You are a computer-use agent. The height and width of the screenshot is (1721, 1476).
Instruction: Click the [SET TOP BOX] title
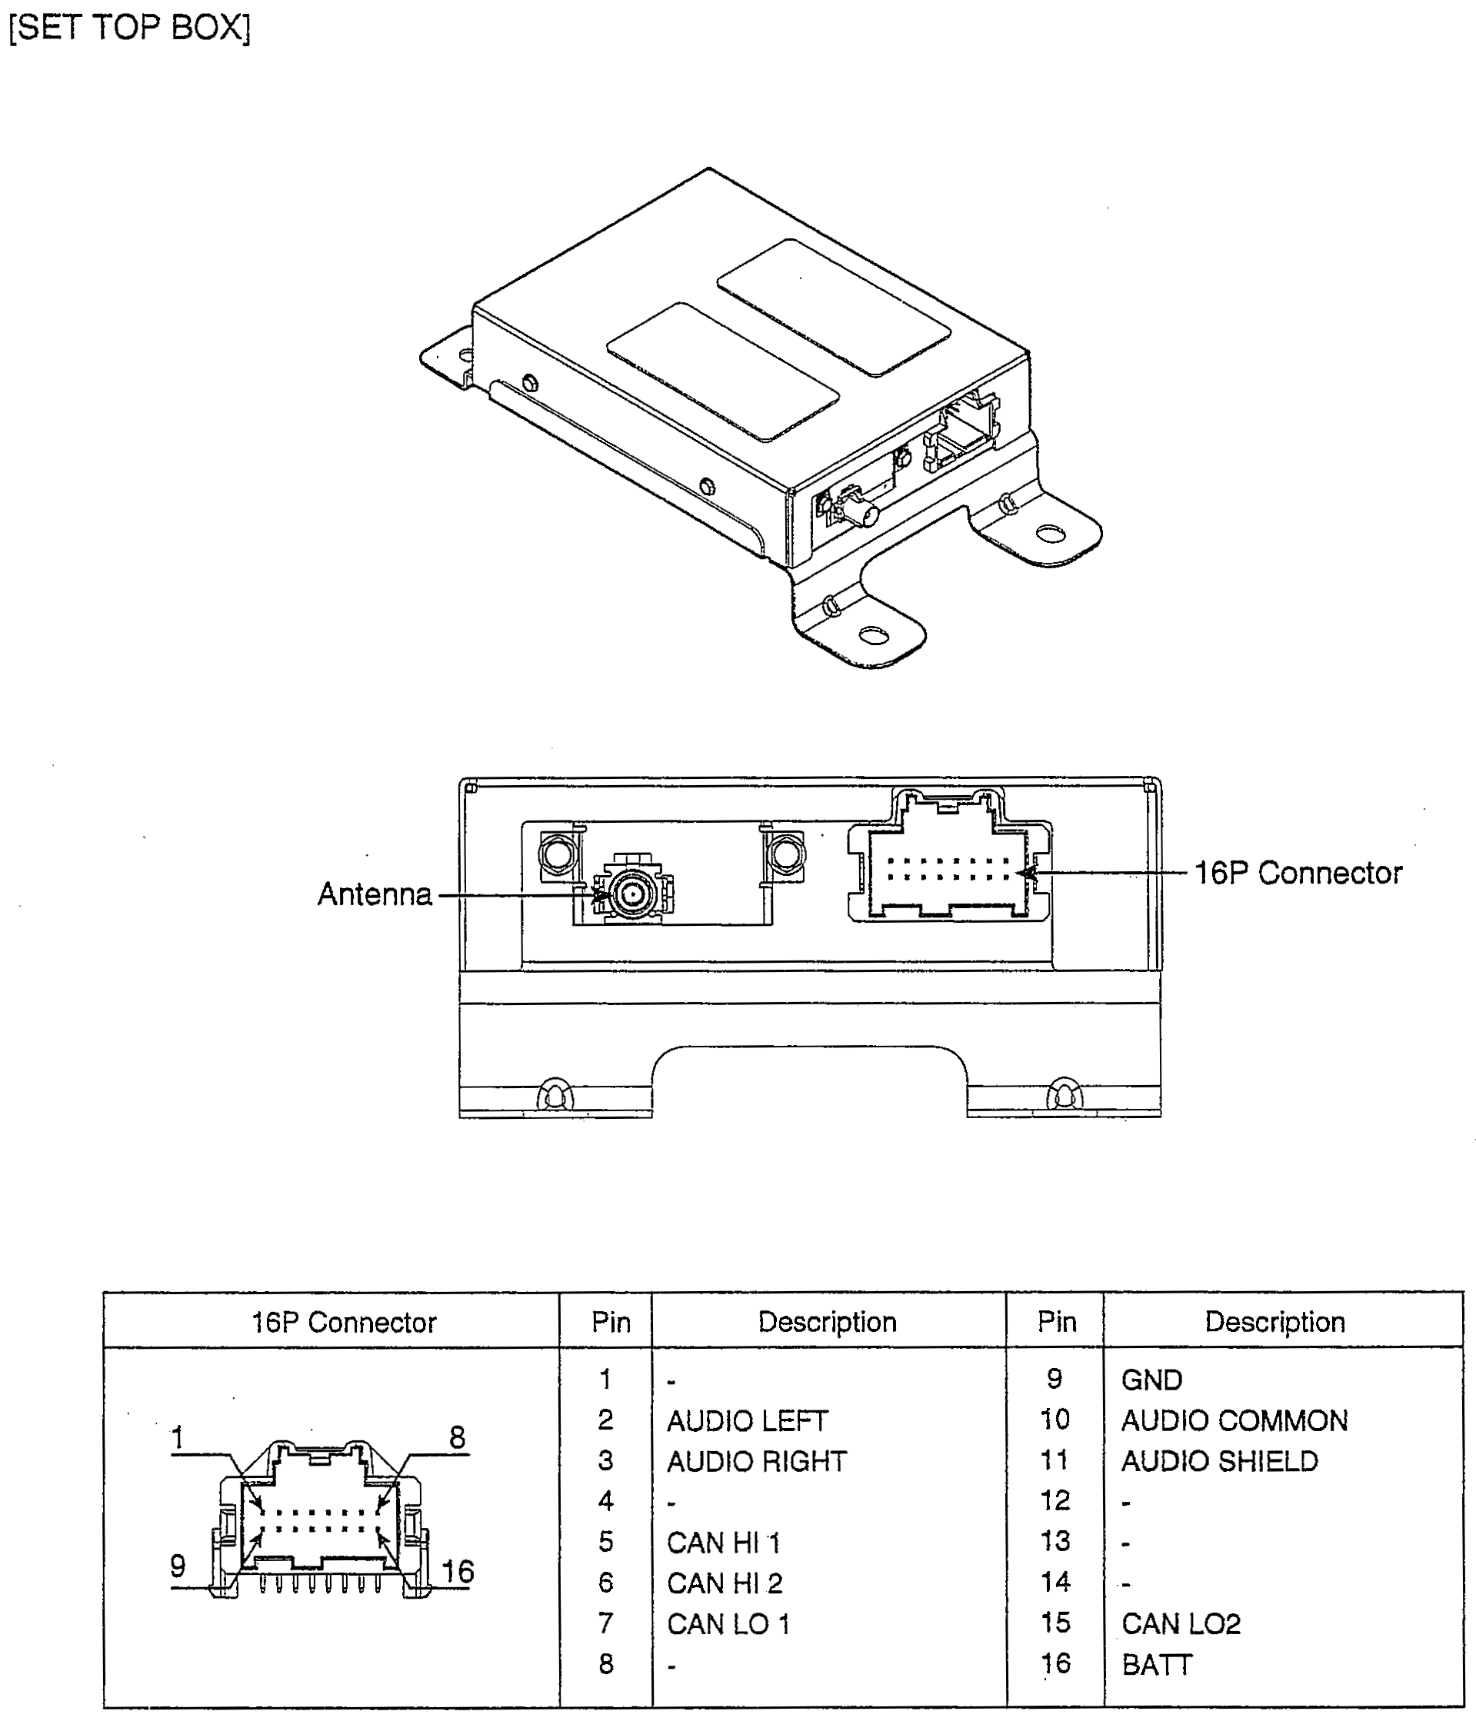coord(128,28)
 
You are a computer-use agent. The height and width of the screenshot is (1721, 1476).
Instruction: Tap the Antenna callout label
coord(375,894)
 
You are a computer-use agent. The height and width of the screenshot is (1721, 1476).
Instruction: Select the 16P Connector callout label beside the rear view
coord(1298,873)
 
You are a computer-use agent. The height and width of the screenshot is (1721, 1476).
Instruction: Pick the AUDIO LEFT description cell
coord(748,1421)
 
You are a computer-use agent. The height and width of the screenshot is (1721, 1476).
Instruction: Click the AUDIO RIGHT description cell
coord(757,1462)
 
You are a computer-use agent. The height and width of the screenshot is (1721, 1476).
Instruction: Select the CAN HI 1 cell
coord(724,1543)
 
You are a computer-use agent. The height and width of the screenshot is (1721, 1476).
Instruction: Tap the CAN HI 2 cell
coord(725,1584)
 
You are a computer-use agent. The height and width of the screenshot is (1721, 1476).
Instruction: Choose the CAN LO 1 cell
coord(728,1625)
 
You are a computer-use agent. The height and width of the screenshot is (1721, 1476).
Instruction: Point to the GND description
coord(1151,1380)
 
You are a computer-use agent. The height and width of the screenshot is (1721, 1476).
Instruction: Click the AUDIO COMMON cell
coord(1234,1421)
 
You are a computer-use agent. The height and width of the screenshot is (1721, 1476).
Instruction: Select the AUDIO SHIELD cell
coord(1219,1462)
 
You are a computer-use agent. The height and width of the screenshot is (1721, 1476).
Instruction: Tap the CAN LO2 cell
coord(1181,1625)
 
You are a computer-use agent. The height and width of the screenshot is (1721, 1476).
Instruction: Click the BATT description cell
coord(1156,1666)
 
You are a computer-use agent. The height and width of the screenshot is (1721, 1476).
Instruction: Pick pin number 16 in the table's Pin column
coord(1056,1665)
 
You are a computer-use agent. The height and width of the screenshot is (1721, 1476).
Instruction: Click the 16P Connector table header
coord(344,1323)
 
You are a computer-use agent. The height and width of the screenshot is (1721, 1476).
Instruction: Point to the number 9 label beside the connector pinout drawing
coord(178,1566)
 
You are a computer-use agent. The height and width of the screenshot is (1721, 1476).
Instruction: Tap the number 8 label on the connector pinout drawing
coord(457,1438)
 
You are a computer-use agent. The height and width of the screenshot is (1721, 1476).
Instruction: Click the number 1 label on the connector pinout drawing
coord(177,1438)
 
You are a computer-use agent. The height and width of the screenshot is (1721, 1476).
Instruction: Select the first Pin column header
coord(611,1323)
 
